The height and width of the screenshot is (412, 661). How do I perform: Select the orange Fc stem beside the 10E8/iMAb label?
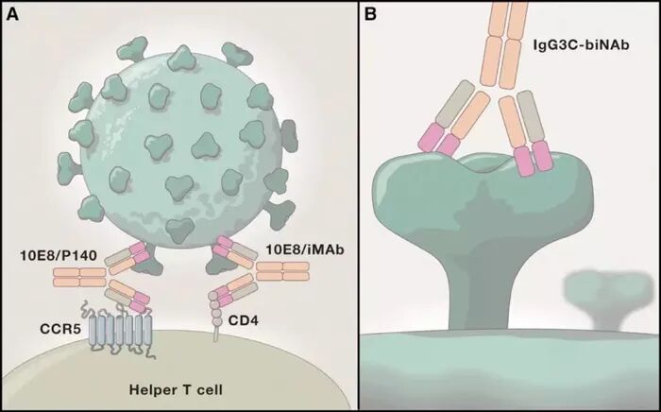point(282,271)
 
